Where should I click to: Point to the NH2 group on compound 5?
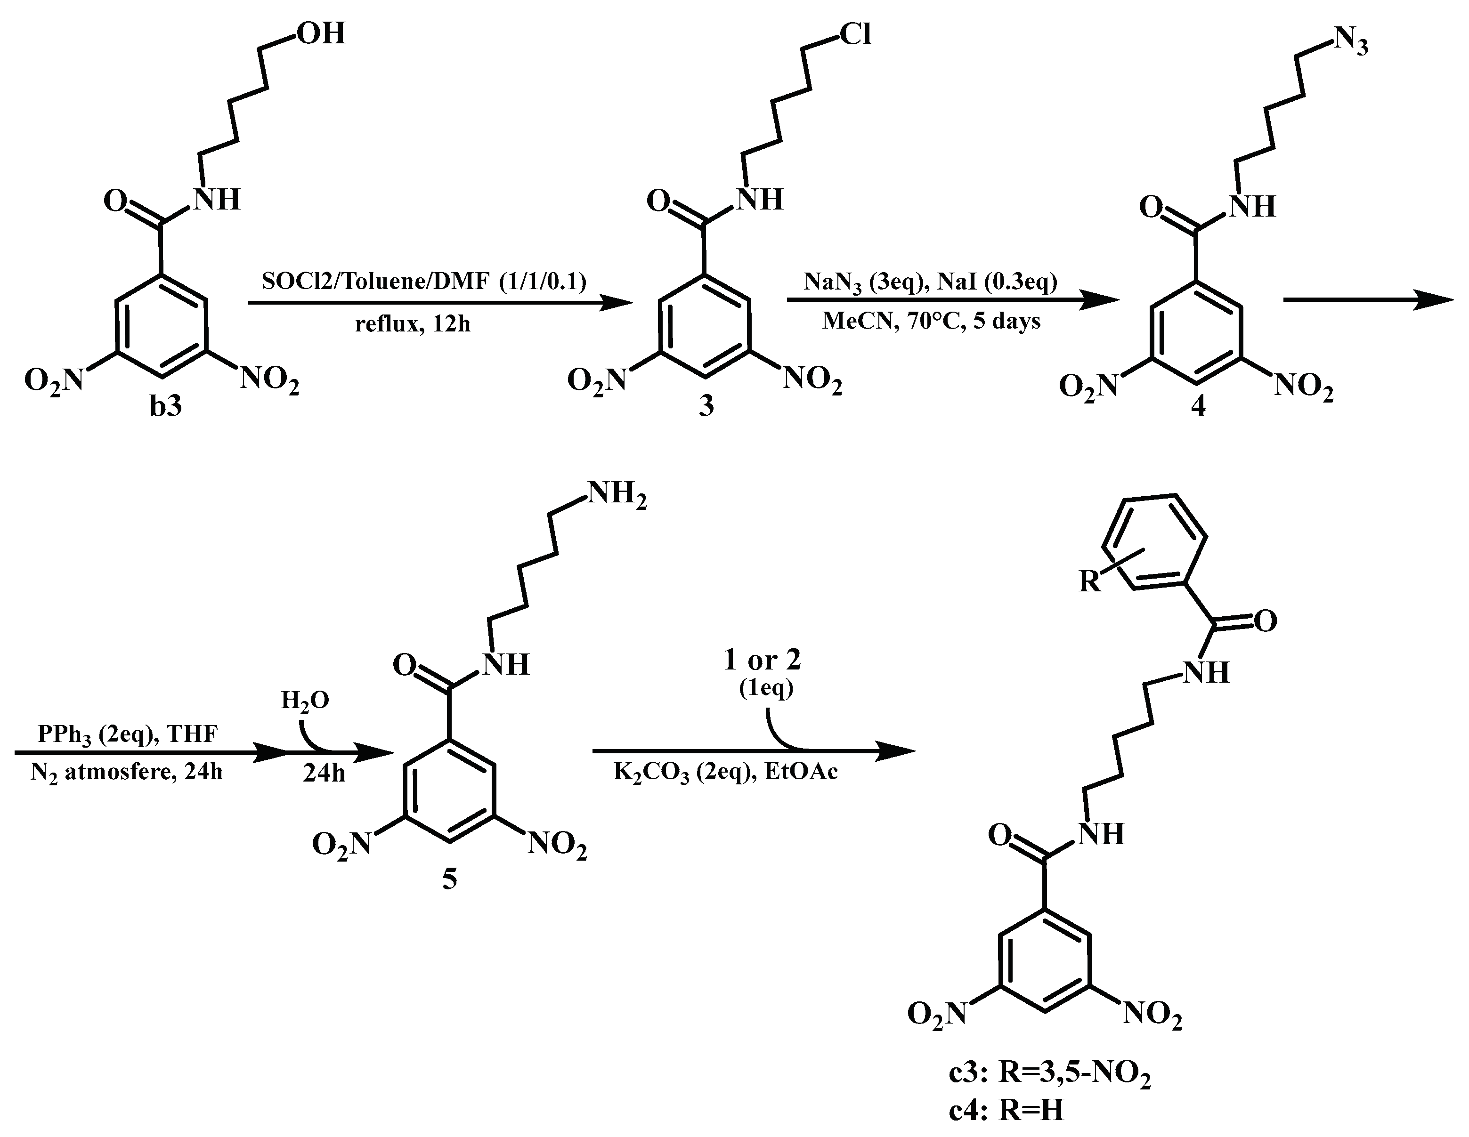click(617, 496)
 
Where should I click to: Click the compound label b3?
click(165, 406)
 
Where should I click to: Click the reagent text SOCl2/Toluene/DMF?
click(424, 281)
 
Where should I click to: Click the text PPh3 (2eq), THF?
click(128, 734)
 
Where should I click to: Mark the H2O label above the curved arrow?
click(305, 701)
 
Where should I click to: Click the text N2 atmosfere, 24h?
click(126, 773)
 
